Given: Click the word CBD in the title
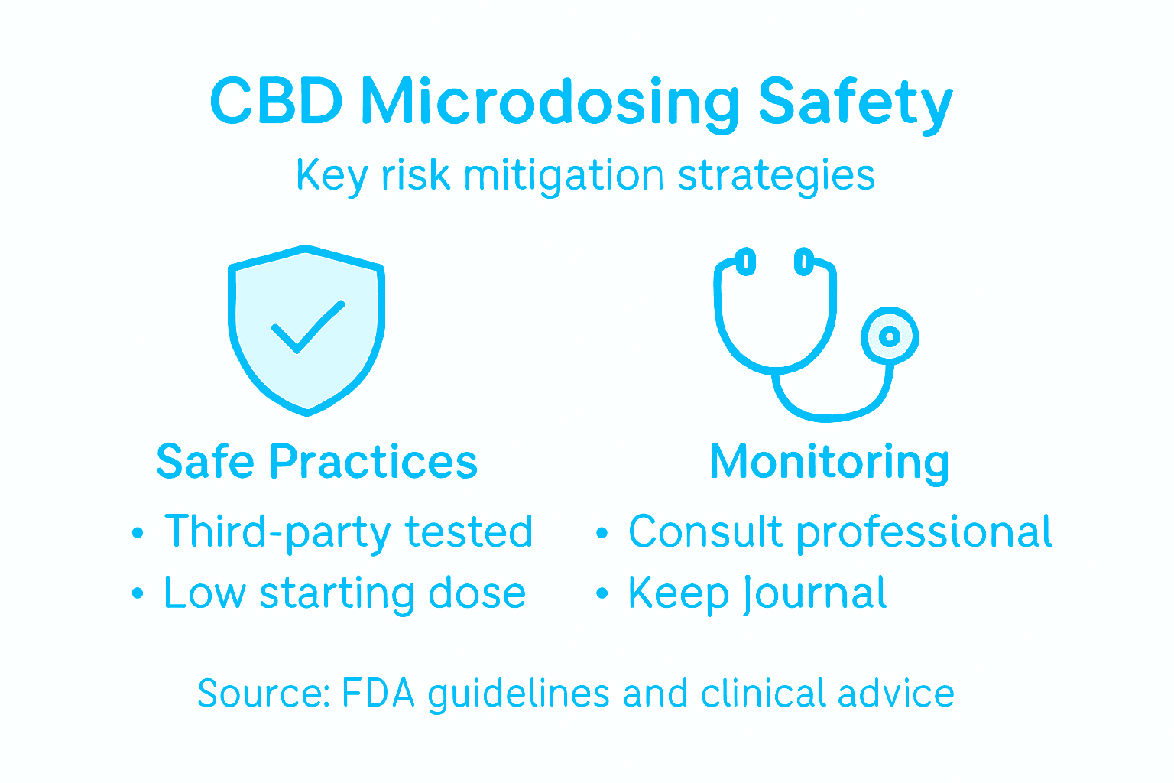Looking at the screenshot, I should tap(276, 102).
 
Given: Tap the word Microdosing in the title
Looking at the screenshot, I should tap(550, 103).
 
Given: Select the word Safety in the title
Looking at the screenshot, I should tap(855, 103).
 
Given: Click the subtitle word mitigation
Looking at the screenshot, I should tap(563, 176).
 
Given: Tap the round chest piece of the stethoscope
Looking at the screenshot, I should tap(889, 336).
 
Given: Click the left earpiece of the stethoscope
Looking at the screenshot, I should tap(746, 262).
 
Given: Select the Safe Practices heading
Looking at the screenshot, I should tap(316, 462).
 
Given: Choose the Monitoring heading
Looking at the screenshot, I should tap(829, 463).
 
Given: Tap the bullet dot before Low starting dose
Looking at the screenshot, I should tap(138, 594).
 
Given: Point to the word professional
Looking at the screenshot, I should tap(924, 533).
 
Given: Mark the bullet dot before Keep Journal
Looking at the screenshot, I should tap(602, 593).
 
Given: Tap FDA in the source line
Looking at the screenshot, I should tap(378, 694).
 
